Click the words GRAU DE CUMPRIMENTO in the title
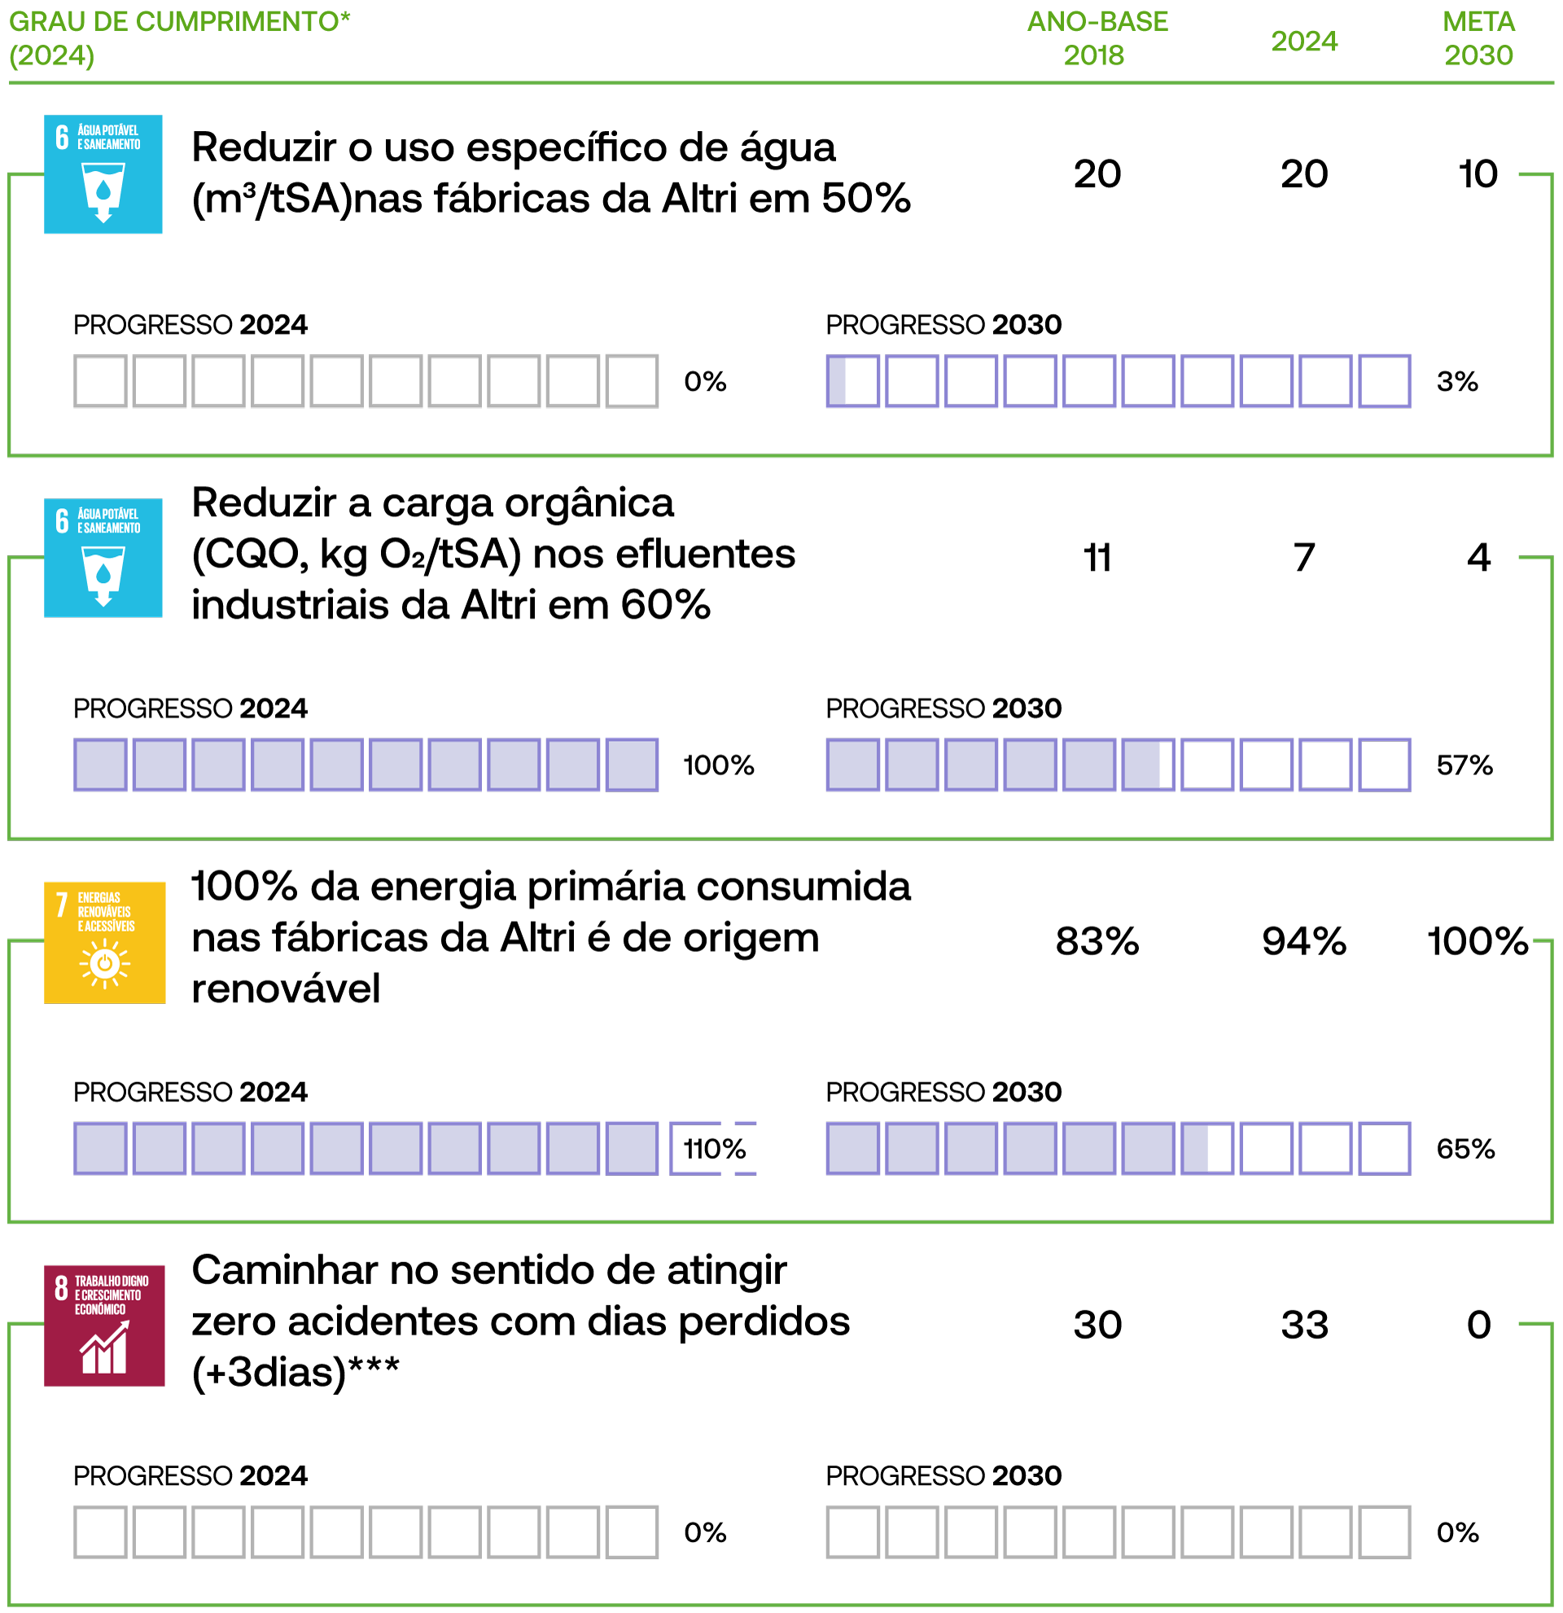pos(173,21)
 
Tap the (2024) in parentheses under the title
pos(52,56)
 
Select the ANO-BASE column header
pos(1097,21)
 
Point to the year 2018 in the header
pos(1093,55)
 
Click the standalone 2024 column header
pos(1304,42)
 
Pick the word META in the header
pos(1478,21)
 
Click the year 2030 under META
pos(1478,55)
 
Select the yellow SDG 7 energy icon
pos(104,942)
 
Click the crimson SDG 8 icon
pos(104,1326)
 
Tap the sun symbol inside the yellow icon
pos(104,963)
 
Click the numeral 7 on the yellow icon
pos(62,905)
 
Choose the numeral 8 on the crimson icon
pos(61,1288)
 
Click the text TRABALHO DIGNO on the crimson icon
pos(112,1282)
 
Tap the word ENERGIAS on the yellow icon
pos(99,898)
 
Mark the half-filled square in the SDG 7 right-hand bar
pos(1206,1148)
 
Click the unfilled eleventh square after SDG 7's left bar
pos(696,1148)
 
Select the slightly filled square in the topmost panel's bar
pos(853,381)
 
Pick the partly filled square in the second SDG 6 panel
pos(1148,765)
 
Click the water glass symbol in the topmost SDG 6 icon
pos(103,191)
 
